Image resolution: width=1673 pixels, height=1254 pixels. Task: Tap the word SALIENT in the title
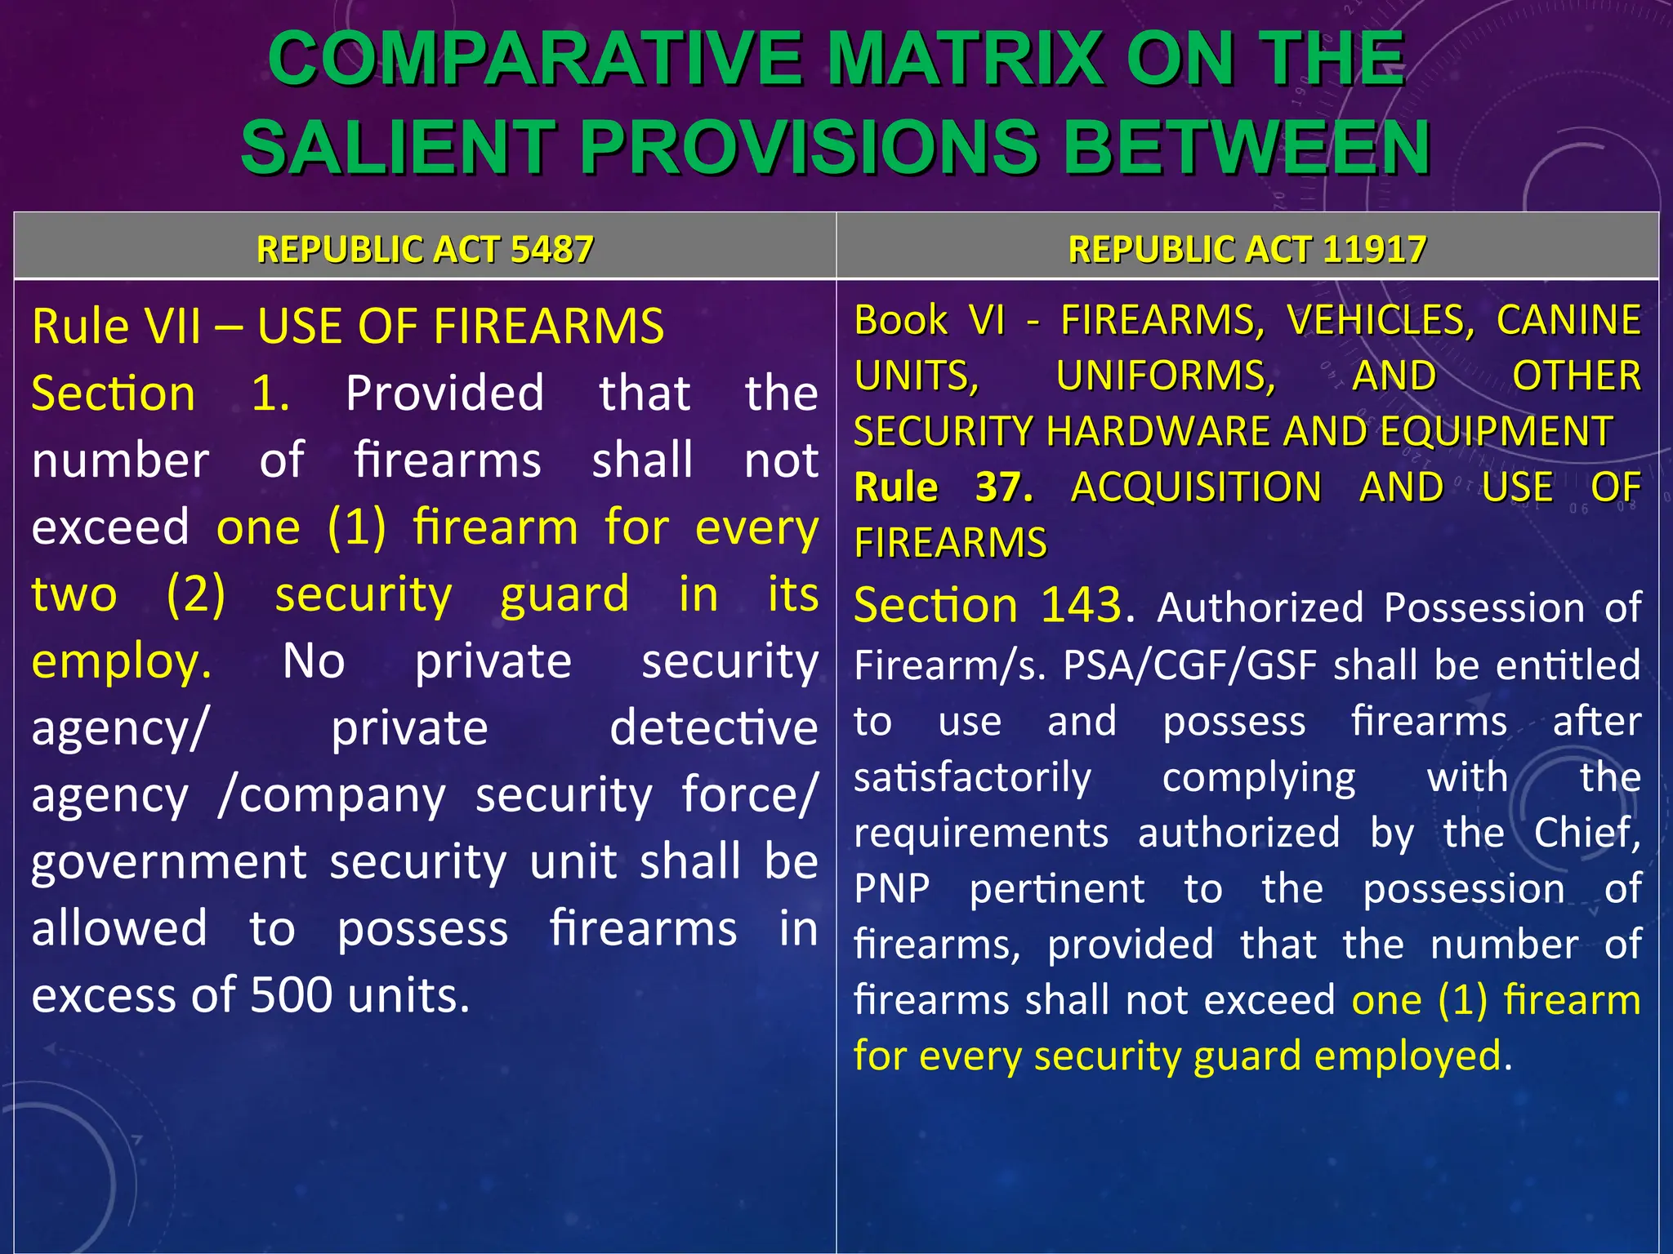pos(399,148)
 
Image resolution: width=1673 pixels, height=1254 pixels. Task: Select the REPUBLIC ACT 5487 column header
pos(425,249)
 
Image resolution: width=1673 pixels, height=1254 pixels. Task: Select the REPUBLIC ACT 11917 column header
pos(1247,249)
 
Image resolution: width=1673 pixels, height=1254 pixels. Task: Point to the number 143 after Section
pos(1082,606)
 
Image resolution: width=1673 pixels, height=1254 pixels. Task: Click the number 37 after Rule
pos(1003,487)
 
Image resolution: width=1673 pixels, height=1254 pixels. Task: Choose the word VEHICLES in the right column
pos(1380,320)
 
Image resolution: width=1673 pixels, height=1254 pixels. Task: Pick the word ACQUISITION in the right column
pos(1196,487)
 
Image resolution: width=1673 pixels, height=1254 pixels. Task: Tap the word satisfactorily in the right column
pos(972,777)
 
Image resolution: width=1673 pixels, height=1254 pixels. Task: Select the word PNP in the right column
pos(892,888)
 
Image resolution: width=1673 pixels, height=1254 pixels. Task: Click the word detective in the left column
pos(713,728)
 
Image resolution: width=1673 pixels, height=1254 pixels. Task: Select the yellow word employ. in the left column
pos(122,661)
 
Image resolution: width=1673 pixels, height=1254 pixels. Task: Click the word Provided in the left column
pos(444,394)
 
